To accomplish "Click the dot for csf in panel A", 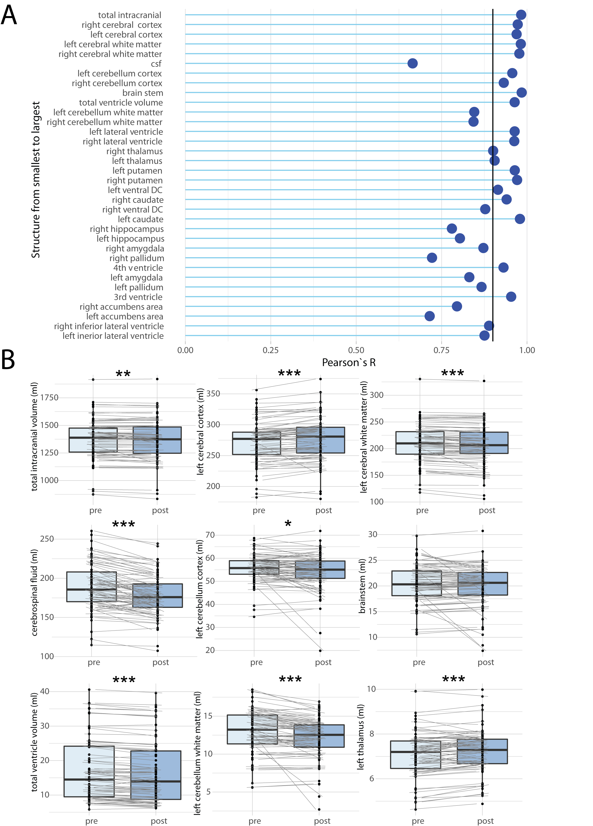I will [412, 63].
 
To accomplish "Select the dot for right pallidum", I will [432, 258].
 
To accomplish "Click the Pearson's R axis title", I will [348, 363].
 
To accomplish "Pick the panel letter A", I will [9, 15].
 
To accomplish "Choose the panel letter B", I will [8, 360].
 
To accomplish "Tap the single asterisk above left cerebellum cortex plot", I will [288, 524].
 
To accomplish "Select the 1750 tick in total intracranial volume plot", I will [49, 398].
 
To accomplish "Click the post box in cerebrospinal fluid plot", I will [158, 596].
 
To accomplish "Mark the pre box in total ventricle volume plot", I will [89, 771].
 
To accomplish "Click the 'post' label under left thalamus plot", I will [485, 821].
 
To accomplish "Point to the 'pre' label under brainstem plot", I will [419, 662].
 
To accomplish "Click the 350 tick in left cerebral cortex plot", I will [213, 394].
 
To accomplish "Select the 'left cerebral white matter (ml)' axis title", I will [364, 437].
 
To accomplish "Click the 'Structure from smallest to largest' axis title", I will [36, 180].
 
